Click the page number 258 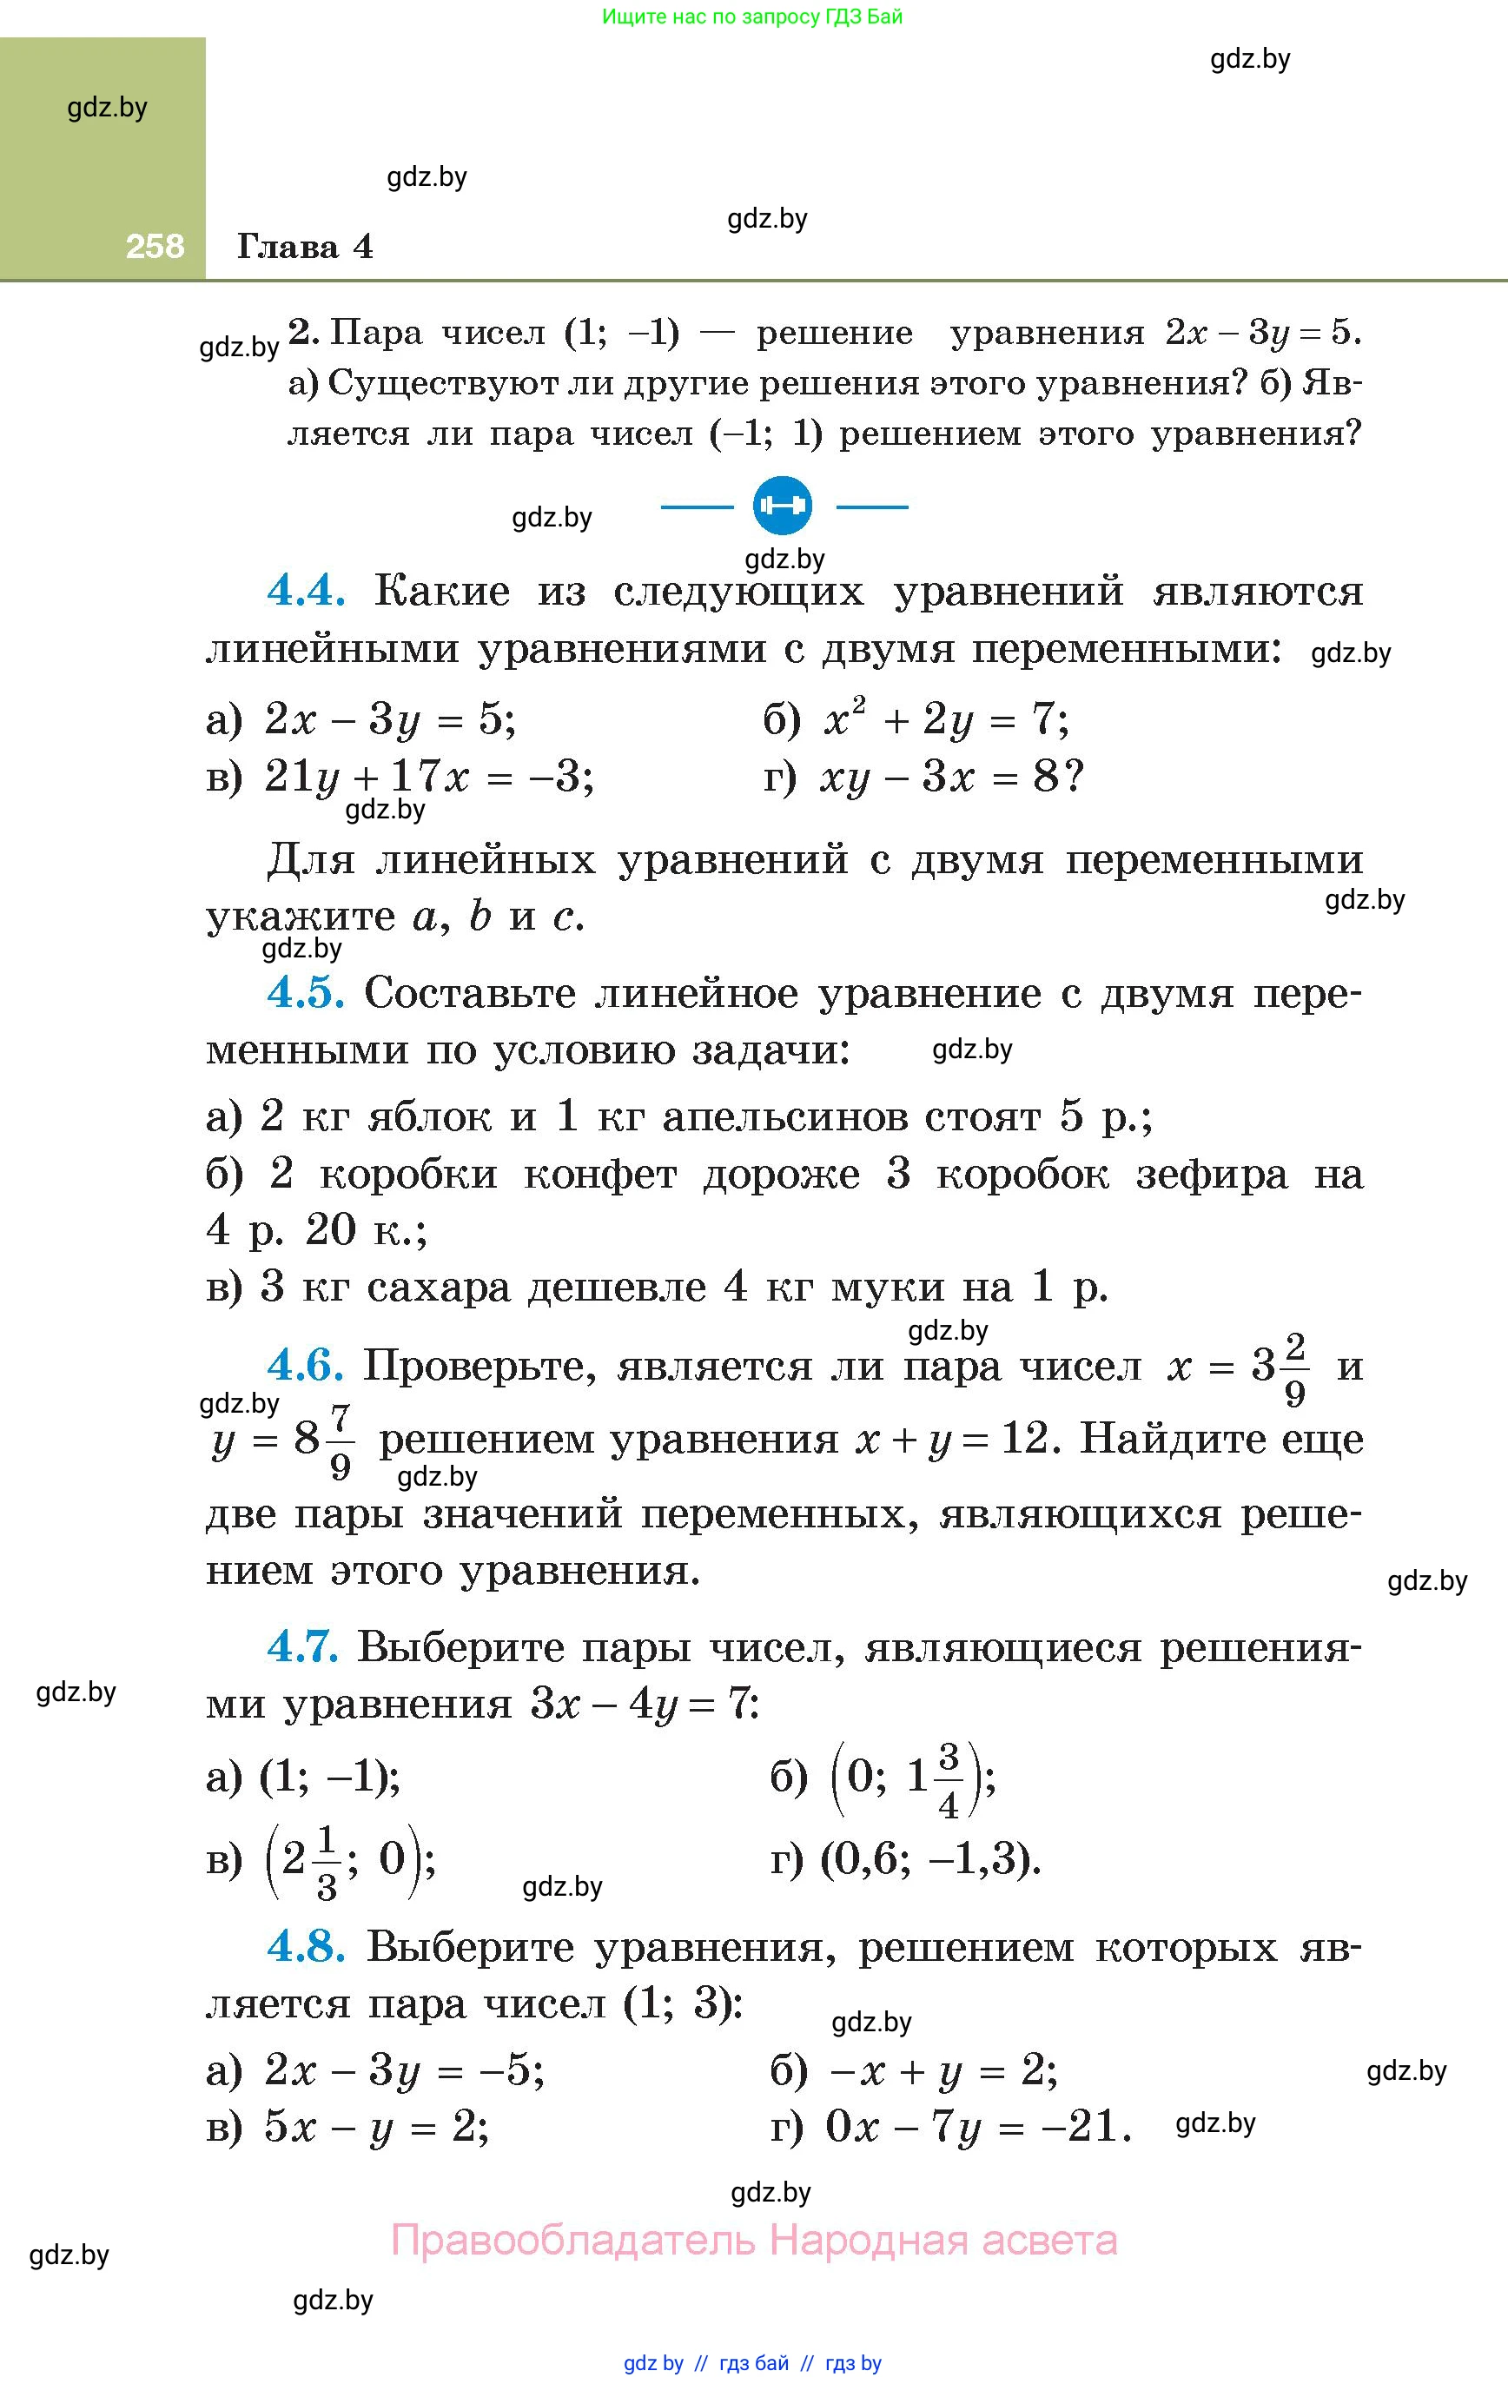[155, 246]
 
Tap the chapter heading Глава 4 [305, 247]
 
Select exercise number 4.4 [306, 591]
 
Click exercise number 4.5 [306, 993]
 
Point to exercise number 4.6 [305, 1367]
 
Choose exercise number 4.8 [306, 1947]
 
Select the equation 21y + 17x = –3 [429, 778]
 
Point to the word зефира [1211, 1174]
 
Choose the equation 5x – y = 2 [376, 2126]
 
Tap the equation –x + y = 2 [942, 2069]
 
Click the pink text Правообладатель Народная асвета [755, 2241]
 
